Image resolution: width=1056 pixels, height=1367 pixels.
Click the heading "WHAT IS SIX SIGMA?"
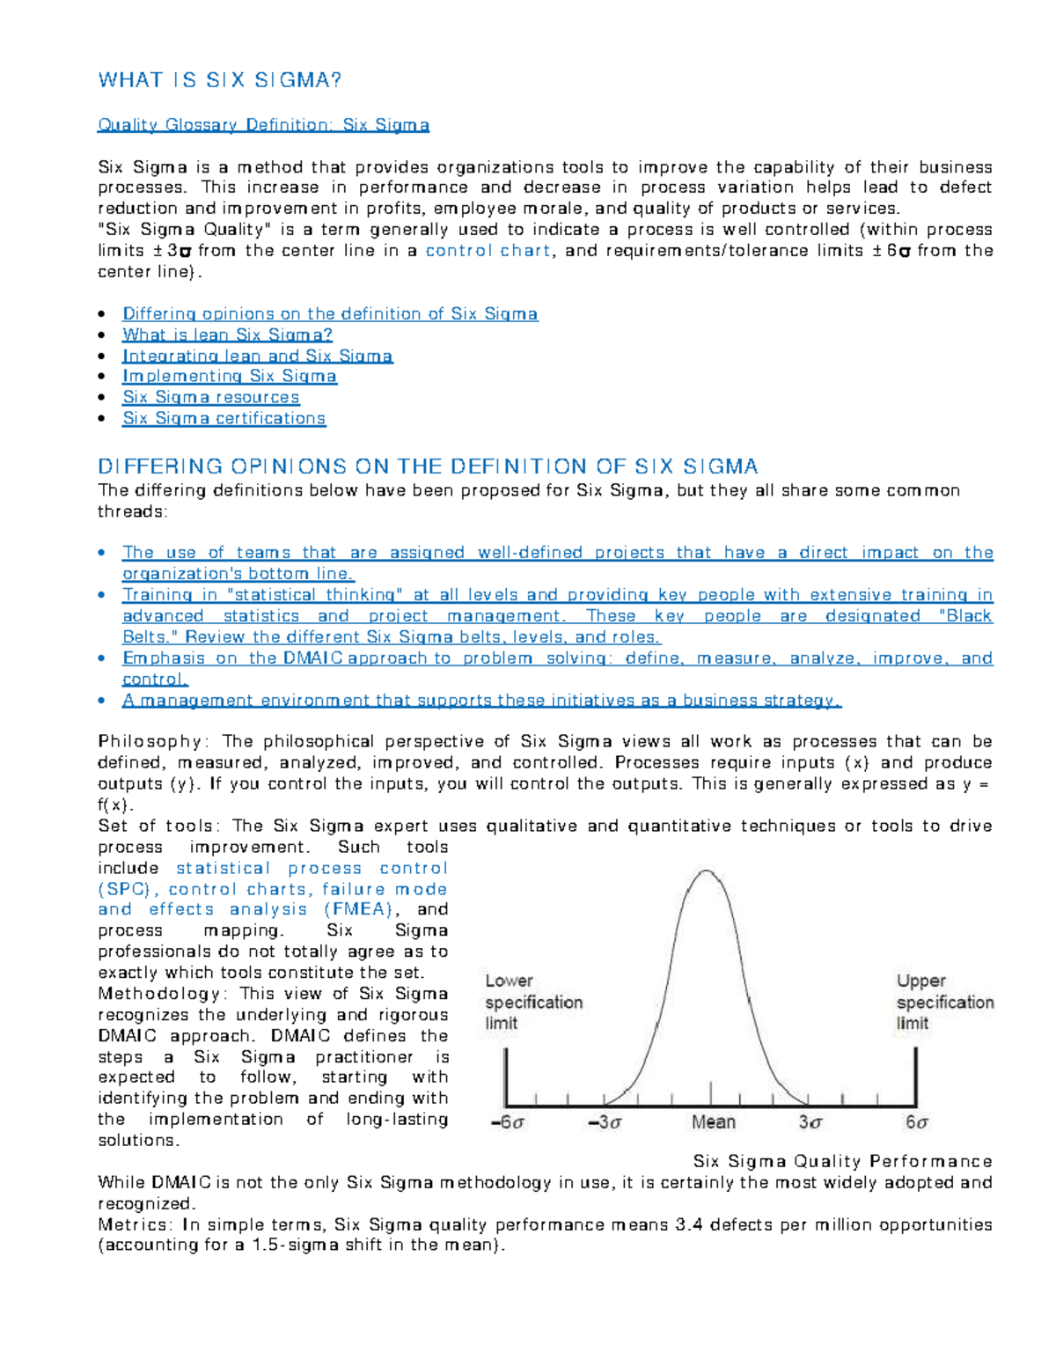[219, 80]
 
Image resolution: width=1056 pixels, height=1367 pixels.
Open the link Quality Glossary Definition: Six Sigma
[263, 125]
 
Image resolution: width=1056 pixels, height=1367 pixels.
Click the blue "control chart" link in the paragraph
[488, 251]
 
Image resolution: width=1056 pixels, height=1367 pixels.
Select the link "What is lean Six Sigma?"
[227, 334]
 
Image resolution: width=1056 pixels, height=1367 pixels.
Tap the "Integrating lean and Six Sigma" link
[257, 356]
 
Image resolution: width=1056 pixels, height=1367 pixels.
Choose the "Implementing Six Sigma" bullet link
[229, 377]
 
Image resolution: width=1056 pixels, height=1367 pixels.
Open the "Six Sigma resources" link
[210, 398]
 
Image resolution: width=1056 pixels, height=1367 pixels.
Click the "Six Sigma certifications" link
[224, 419]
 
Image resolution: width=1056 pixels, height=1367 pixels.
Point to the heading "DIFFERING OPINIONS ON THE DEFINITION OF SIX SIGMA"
[428, 467]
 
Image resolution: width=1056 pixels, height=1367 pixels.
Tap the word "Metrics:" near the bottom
[136, 1225]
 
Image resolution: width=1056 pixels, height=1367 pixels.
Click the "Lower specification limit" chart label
[533, 1002]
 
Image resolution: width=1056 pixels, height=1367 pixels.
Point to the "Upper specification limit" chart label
[944, 1002]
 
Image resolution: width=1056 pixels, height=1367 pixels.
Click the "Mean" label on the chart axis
[713, 1122]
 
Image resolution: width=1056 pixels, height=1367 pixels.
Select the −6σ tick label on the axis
[507, 1123]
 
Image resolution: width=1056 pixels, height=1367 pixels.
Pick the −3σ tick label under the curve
[605, 1123]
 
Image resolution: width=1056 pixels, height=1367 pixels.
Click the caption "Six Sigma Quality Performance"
[842, 1162]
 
